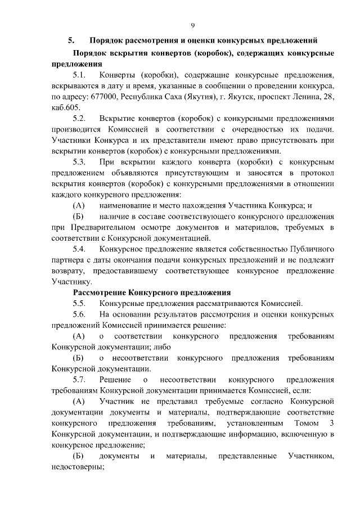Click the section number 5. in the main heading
71,40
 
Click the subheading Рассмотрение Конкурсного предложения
152,292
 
